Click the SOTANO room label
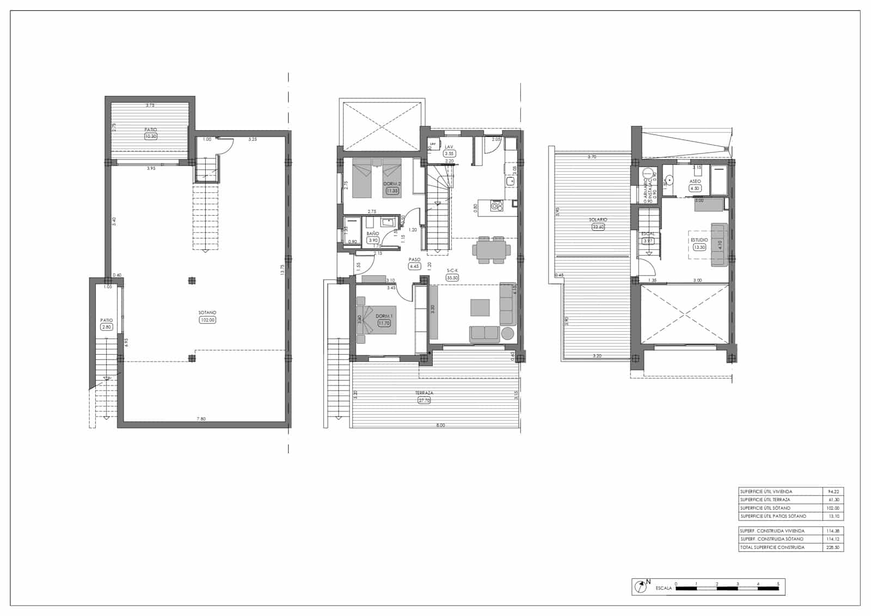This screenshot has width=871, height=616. click(x=207, y=313)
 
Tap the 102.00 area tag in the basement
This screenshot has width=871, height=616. click(x=207, y=320)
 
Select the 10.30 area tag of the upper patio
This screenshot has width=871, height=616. click(x=151, y=136)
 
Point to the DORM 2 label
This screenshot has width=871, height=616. click(x=392, y=184)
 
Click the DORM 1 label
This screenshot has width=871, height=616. click(x=384, y=316)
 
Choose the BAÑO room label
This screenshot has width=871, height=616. click(x=372, y=233)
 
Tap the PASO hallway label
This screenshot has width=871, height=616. click(x=414, y=260)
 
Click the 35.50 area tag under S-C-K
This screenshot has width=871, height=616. click(x=452, y=278)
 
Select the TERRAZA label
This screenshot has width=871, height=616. click(x=424, y=393)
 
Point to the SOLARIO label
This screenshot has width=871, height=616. click(x=598, y=220)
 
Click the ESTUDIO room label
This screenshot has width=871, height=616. click(x=699, y=240)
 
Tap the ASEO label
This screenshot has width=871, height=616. click(x=695, y=181)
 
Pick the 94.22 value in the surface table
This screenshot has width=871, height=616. click(x=833, y=491)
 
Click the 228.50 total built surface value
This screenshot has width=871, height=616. click(x=833, y=547)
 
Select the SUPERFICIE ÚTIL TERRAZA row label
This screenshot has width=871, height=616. click(x=765, y=499)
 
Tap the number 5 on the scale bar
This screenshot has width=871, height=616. click(x=778, y=584)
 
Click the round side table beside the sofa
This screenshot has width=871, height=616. click(x=508, y=333)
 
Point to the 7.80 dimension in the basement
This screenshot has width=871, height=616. click(x=201, y=419)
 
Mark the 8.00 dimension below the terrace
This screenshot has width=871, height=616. click(x=440, y=425)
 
